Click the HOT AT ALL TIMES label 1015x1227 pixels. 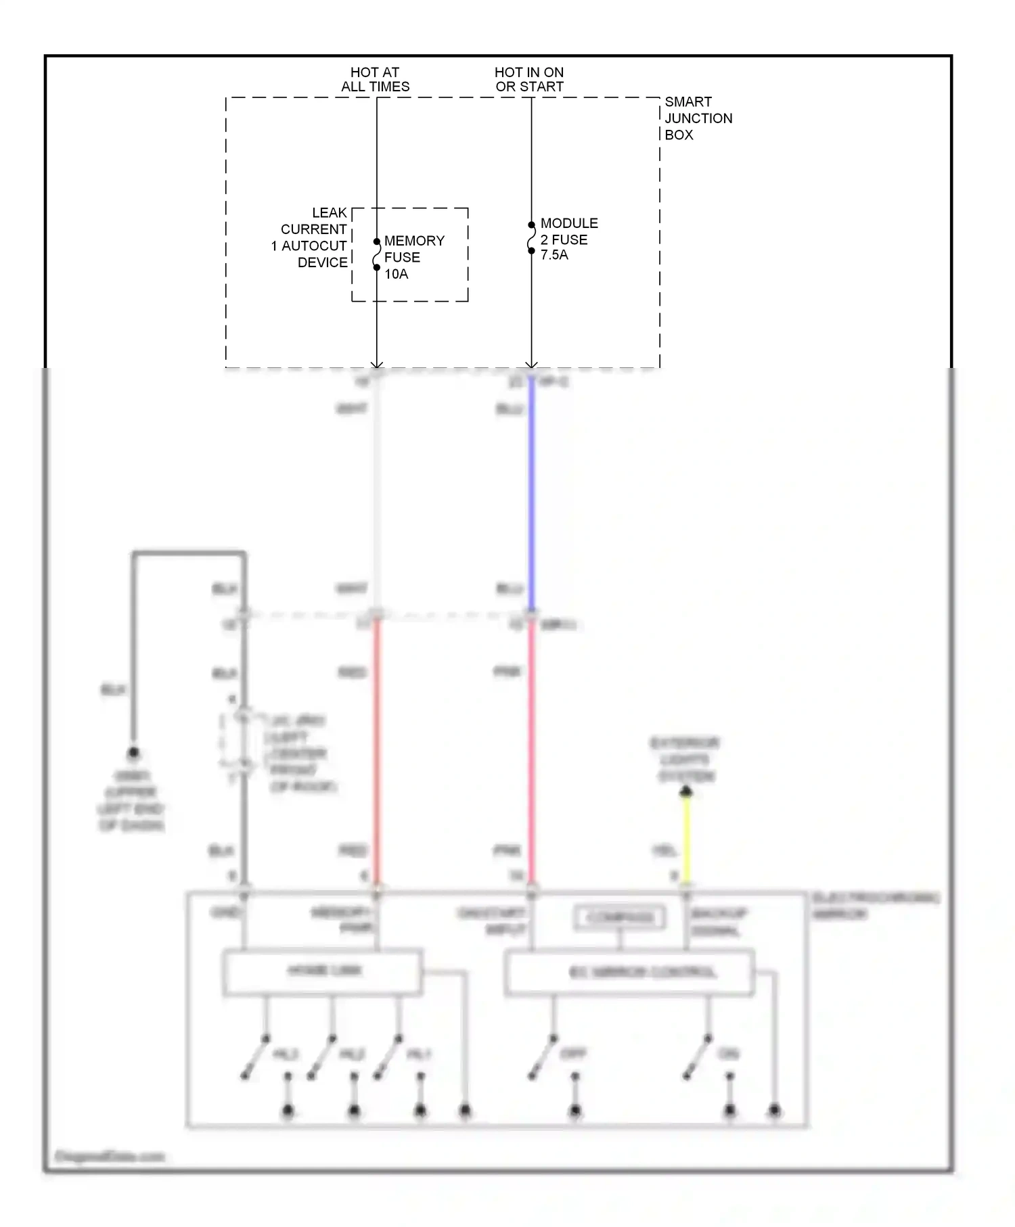pyautogui.click(x=375, y=79)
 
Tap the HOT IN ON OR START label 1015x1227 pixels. pyautogui.click(x=529, y=79)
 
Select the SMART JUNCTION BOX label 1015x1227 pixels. pyautogui.click(x=698, y=118)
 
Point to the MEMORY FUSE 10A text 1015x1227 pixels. pyautogui.click(x=413, y=257)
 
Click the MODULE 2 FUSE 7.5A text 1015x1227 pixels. pyautogui.click(x=568, y=239)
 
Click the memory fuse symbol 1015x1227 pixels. pyautogui.click(x=377, y=254)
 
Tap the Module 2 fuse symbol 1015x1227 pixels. pyautogui.click(x=531, y=238)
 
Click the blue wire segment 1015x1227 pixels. pyautogui.click(x=531, y=494)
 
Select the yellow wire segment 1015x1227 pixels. pyautogui.click(x=686, y=839)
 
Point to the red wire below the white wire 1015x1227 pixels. pyautogui.click(x=377, y=751)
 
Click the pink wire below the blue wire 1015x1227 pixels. pyautogui.click(x=531, y=751)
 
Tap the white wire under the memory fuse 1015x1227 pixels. pyautogui.click(x=377, y=494)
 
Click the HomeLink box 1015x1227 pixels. pyautogui.click(x=323, y=972)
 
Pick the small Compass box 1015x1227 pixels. pyautogui.click(x=620, y=918)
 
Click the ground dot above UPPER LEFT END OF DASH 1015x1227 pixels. pyautogui.click(x=133, y=752)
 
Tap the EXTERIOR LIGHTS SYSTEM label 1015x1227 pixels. pyautogui.click(x=685, y=760)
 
